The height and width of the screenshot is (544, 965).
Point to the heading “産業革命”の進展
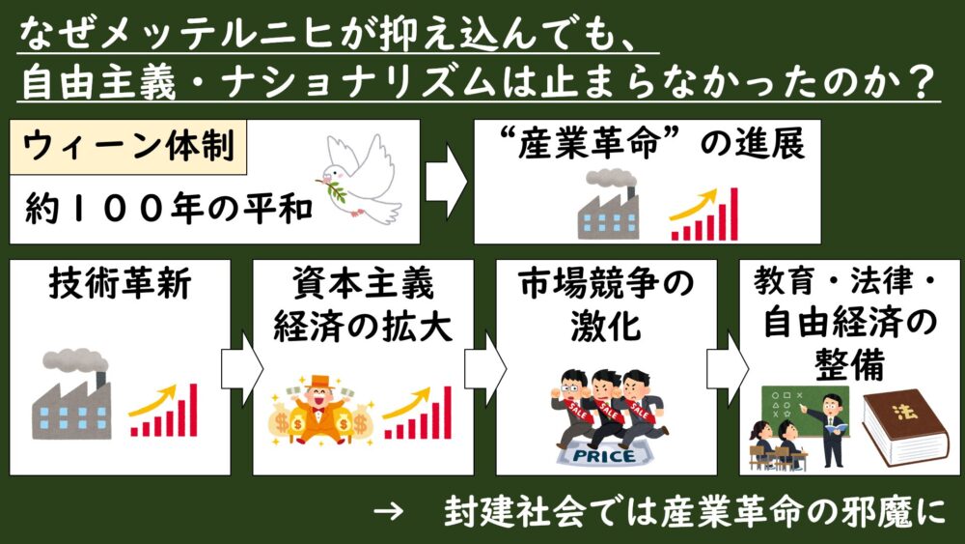pos(647,146)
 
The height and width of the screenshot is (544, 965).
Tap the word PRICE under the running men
pos(603,454)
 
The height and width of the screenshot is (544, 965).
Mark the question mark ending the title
pos(924,83)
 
